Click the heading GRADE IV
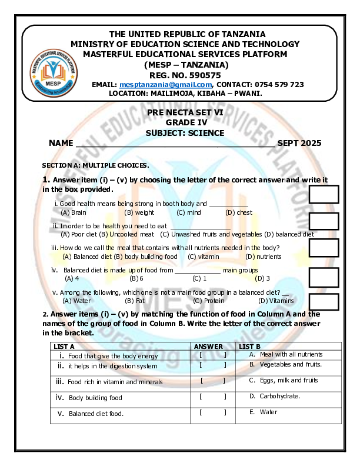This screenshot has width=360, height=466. [x=185, y=122]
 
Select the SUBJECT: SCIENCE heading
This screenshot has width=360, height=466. [x=185, y=133]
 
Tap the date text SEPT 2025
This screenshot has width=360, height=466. [x=299, y=143]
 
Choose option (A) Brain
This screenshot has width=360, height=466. [x=74, y=212]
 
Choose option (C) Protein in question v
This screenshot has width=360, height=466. [x=209, y=301]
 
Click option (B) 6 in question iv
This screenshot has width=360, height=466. [x=136, y=278]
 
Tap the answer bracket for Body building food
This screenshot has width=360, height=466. [x=213, y=397]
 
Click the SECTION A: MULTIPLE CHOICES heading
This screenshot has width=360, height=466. [x=95, y=165]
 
